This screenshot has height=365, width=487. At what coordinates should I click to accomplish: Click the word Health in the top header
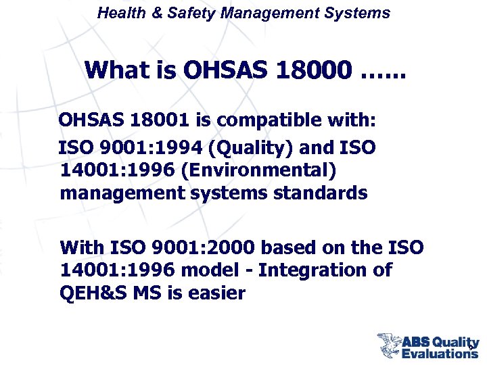click(x=119, y=13)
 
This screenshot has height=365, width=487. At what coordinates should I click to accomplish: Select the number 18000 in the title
click(x=314, y=69)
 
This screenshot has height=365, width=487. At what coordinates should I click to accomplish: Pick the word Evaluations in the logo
click(x=440, y=354)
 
